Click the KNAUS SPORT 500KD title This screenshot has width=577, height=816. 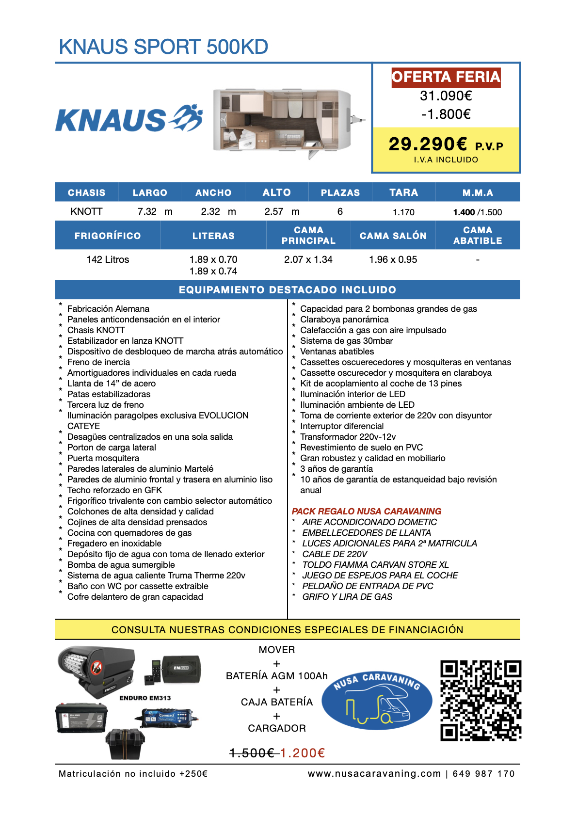[163, 47]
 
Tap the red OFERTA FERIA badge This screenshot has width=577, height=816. [446, 77]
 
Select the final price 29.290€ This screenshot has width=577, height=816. [428, 144]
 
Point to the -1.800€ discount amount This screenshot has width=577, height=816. [446, 114]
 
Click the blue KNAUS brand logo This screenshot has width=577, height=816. [129, 119]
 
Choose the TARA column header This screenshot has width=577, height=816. [403, 192]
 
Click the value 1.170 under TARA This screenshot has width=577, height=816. [403, 212]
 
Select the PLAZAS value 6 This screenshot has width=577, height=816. [340, 212]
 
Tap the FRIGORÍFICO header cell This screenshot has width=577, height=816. [108, 236]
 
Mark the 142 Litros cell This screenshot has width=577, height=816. [108, 259]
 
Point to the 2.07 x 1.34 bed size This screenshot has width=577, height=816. [308, 259]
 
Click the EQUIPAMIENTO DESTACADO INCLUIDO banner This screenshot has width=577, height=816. [288, 290]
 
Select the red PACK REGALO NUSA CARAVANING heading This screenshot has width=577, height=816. [367, 512]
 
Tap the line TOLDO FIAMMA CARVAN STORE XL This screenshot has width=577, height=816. [375, 565]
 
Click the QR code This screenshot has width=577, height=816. [481, 700]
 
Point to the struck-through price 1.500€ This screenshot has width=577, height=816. [252, 753]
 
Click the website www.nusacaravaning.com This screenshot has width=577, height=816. [374, 774]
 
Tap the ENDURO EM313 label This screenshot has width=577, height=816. [145, 698]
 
